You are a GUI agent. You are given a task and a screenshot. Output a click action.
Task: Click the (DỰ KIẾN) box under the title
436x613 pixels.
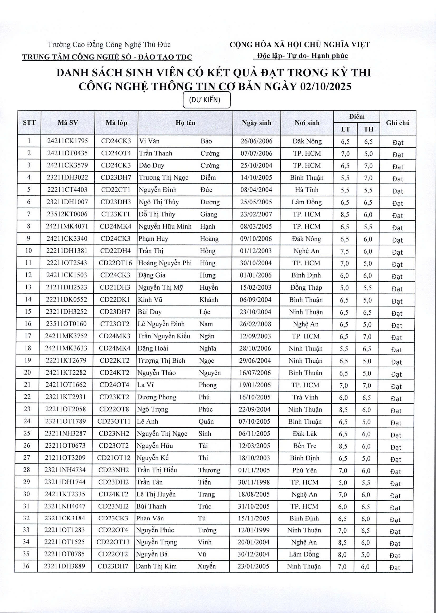(x=206, y=100)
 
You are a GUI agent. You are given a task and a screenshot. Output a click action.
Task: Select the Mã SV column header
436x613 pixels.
(x=68, y=123)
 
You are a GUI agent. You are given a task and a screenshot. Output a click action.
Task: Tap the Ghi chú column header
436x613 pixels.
(x=398, y=123)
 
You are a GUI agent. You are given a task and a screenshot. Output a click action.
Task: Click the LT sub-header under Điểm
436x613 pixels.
(x=345, y=129)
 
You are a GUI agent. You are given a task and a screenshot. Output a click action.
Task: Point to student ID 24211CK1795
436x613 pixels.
(x=67, y=141)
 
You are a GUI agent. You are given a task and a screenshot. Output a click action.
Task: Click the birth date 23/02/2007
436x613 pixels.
(x=256, y=214)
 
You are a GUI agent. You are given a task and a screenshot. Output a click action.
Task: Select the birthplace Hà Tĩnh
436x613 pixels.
(x=307, y=190)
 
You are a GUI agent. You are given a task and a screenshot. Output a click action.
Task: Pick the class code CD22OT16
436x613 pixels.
(x=115, y=263)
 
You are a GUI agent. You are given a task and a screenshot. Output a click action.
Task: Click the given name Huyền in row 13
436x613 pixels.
(x=209, y=288)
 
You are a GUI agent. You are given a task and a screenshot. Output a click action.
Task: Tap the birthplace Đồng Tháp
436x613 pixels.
(x=306, y=288)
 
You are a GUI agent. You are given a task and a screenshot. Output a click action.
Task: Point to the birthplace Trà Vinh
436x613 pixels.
(x=305, y=397)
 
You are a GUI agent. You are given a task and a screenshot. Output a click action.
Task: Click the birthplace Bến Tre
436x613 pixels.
(x=305, y=446)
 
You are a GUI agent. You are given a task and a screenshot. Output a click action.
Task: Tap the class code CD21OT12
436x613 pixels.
(x=114, y=458)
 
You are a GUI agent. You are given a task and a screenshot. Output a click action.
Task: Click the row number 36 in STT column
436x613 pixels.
(x=26, y=566)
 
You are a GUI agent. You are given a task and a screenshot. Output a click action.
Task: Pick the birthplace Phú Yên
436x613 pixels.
(x=304, y=470)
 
